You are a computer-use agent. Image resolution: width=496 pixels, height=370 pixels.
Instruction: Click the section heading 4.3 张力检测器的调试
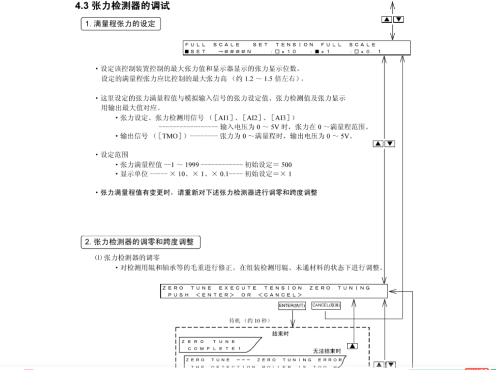coord(122,6)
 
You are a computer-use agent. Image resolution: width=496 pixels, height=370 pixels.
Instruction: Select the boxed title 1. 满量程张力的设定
coord(120,23)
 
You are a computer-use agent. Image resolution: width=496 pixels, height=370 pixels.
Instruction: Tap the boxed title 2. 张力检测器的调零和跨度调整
coord(140,241)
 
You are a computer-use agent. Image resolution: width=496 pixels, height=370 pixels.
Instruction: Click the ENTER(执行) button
coord(293,306)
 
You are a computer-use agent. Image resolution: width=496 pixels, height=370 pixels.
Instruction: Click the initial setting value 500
coord(286,165)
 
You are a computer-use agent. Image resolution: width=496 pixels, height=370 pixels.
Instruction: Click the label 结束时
coord(281,334)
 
